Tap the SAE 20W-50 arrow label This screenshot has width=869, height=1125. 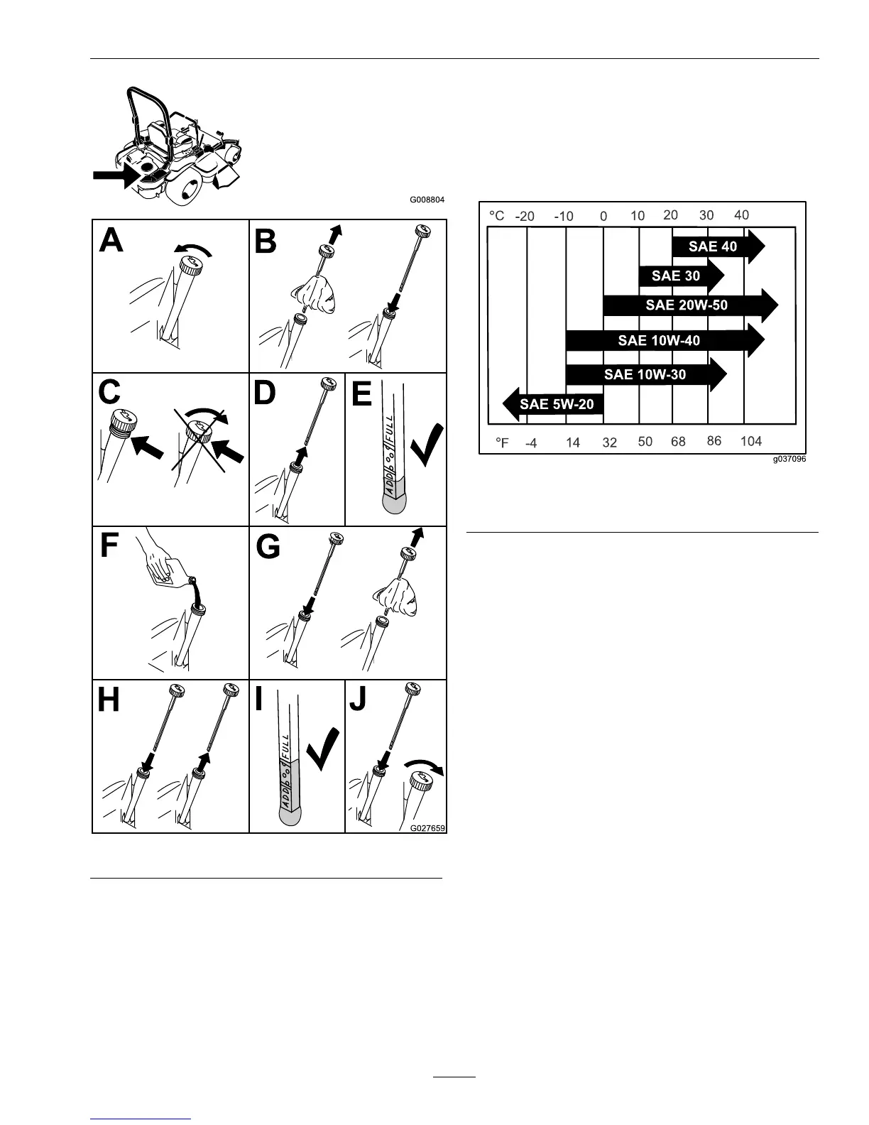click(x=687, y=305)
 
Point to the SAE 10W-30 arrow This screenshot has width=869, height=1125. click(x=645, y=374)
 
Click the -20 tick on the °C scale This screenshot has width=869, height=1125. click(x=525, y=216)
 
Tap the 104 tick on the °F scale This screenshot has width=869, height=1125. click(x=750, y=441)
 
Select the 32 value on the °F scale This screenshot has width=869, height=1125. click(x=609, y=442)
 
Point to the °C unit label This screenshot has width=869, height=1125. click(x=496, y=215)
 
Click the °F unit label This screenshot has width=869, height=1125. click(x=502, y=442)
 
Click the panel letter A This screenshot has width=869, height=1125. click(x=111, y=240)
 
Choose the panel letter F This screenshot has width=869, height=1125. click(x=109, y=546)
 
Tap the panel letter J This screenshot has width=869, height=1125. click(x=359, y=700)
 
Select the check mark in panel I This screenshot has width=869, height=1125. click(x=322, y=751)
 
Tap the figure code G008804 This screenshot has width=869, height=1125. click(x=427, y=200)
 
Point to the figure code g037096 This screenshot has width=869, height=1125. click(x=789, y=460)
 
